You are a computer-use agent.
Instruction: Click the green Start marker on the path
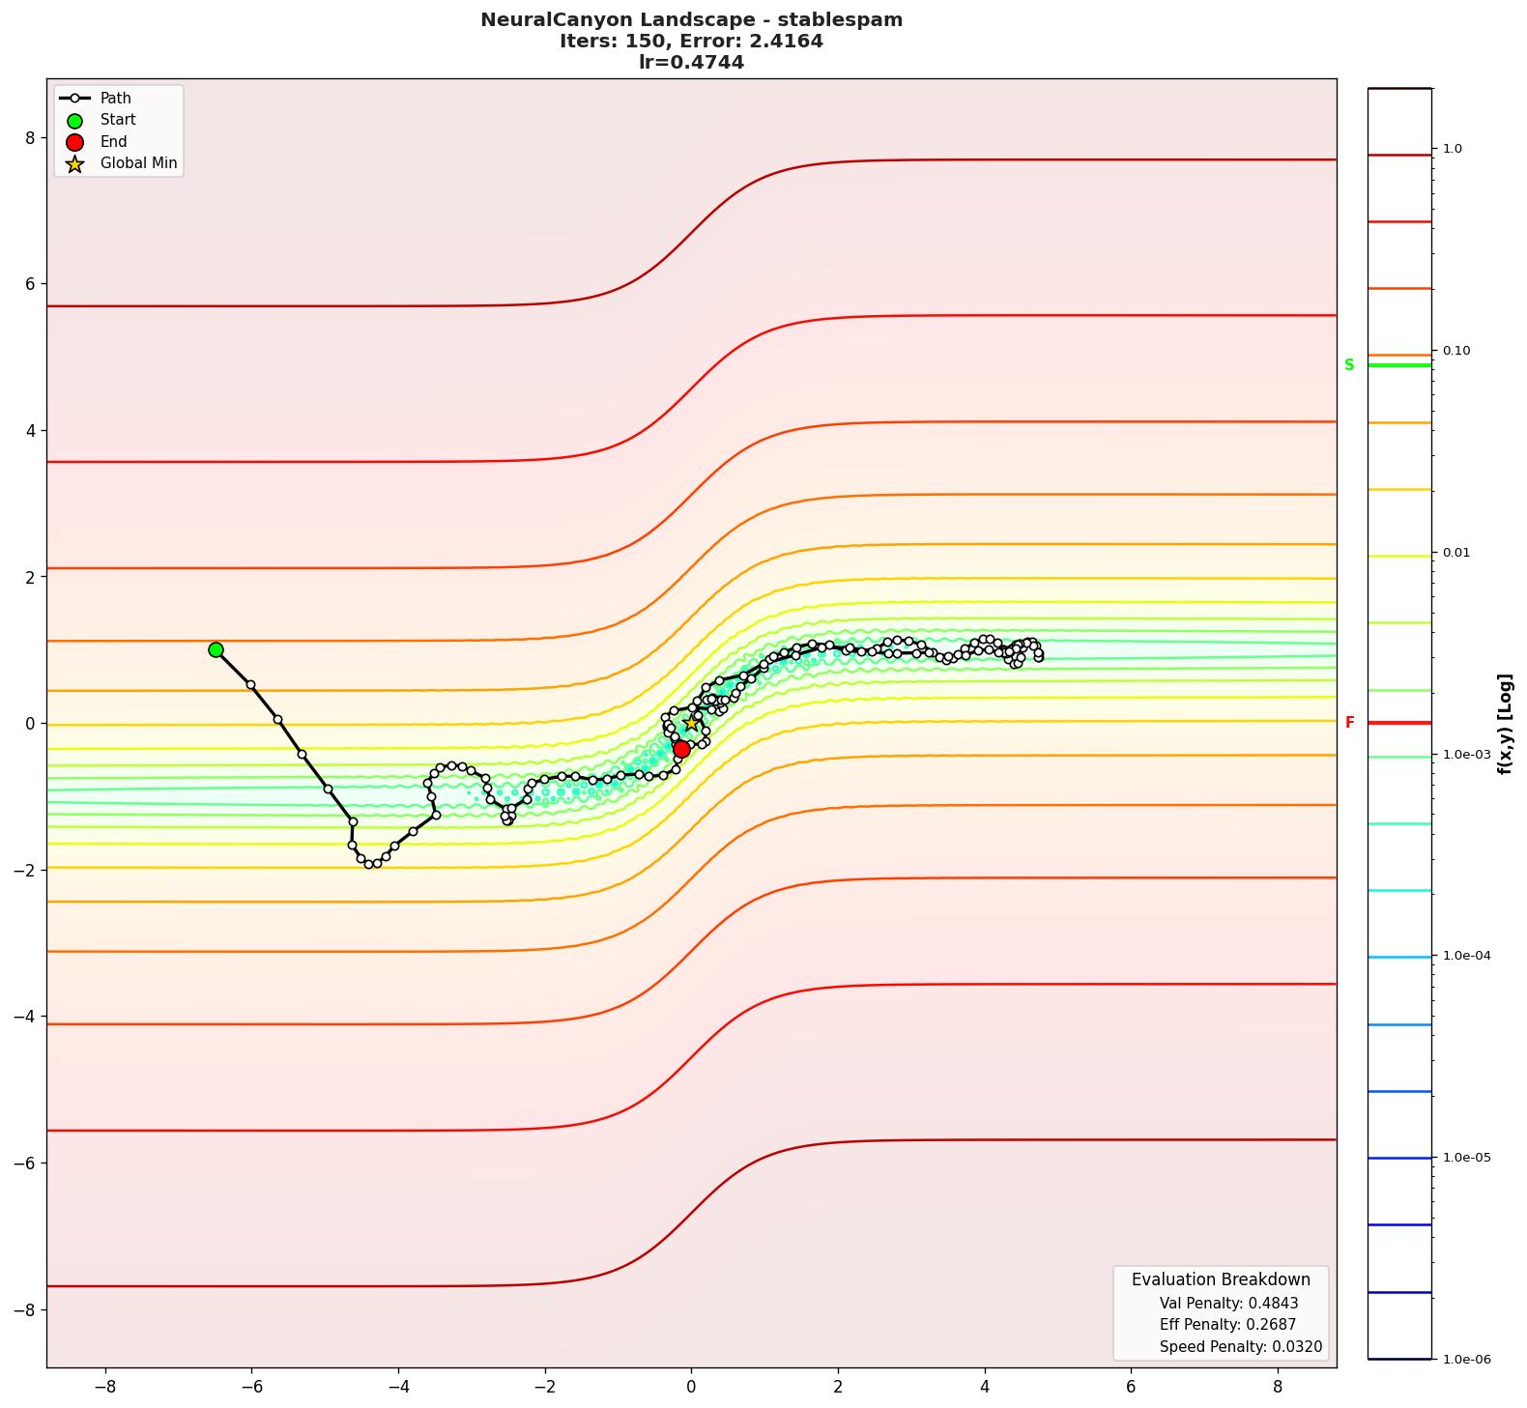pos(216,650)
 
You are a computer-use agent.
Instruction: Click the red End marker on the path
pos(681,749)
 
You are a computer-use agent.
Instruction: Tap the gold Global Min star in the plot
pos(692,724)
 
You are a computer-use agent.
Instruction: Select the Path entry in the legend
pos(115,99)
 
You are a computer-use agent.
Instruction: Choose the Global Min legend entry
pos(138,163)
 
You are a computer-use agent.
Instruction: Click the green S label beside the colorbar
pos(1349,365)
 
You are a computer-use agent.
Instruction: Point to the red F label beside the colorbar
pos(1349,723)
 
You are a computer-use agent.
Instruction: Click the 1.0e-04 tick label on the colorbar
pos(1466,956)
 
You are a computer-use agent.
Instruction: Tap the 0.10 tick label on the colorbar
pos(1456,351)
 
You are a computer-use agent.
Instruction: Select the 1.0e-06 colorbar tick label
pos(1466,1360)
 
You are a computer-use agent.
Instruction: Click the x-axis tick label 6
pos(1132,1387)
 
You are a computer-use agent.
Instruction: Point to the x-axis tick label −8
pos(104,1387)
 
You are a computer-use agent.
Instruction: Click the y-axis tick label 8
pos(30,138)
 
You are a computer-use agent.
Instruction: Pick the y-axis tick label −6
pos(24,1163)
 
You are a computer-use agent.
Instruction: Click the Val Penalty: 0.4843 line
pos(1228,1304)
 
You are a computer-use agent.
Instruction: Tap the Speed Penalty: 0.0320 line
pos(1240,1347)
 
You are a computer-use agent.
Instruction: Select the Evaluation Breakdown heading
pos(1221,1279)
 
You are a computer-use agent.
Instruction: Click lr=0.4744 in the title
pos(691,63)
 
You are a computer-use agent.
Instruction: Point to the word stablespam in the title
pos(850,20)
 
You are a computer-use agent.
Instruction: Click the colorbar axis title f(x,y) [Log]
pos(1505,724)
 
